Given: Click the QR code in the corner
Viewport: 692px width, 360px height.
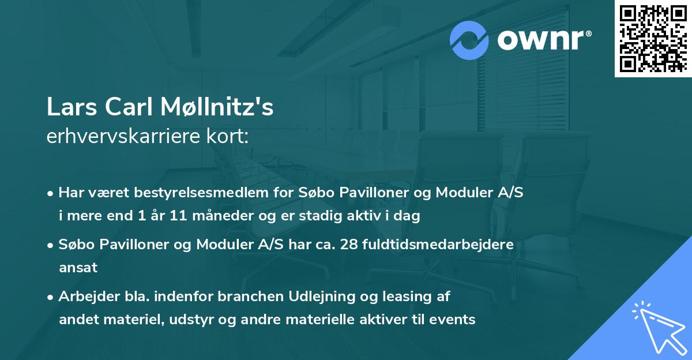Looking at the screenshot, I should (x=653, y=39).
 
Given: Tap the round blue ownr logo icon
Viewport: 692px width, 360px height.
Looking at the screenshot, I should (x=470, y=39).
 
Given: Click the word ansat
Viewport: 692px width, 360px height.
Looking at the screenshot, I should (x=78, y=268).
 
